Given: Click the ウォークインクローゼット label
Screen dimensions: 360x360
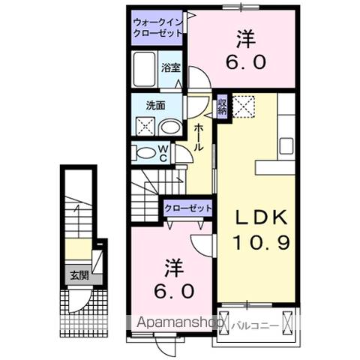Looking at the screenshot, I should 156,27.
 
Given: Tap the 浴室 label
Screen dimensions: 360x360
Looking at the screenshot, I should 171,67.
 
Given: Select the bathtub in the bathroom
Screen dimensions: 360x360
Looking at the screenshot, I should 144,70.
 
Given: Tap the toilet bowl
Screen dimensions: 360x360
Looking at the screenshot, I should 143,154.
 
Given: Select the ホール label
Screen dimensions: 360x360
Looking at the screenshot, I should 198,139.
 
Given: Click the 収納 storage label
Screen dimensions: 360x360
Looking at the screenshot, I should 222,106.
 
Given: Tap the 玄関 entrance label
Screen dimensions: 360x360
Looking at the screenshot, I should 76,275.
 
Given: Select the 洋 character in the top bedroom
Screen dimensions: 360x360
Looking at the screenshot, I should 244,37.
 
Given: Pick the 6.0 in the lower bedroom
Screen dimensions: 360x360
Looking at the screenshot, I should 170,289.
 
